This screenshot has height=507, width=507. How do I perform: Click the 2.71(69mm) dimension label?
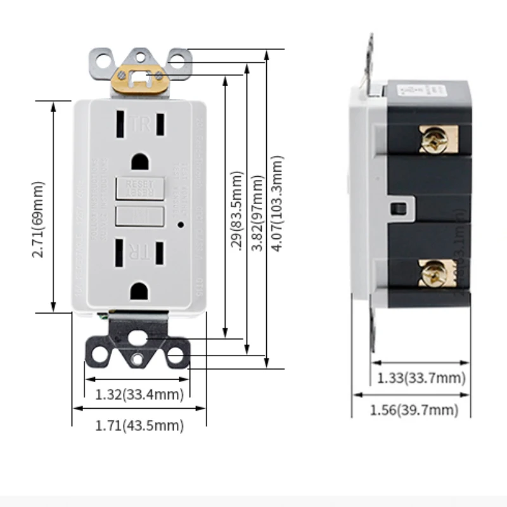click(x=40, y=207)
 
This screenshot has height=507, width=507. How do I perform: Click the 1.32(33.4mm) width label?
click(x=139, y=395)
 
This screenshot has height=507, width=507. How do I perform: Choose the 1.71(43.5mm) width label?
click(x=139, y=426)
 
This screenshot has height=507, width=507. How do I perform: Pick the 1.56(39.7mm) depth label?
click(x=413, y=410)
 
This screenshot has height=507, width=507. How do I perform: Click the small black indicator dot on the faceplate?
click(x=181, y=224)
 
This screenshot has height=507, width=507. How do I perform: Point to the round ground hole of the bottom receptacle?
click(x=139, y=291)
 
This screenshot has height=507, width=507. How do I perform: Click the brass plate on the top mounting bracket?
click(x=142, y=80)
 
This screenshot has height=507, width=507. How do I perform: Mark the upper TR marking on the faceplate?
click(x=141, y=124)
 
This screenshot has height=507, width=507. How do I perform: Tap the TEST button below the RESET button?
click(x=139, y=215)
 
